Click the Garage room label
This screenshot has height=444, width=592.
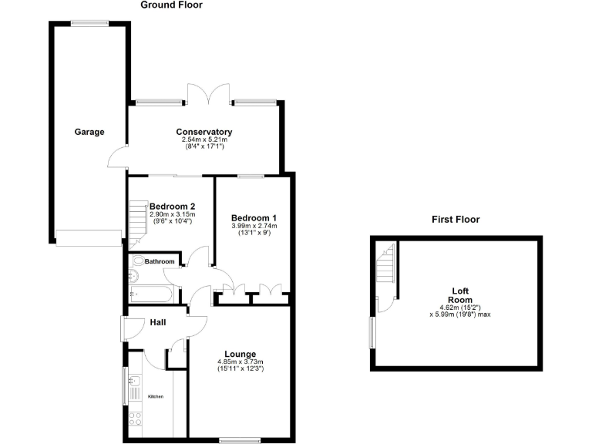coord(89,132)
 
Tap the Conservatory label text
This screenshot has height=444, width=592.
coord(203,132)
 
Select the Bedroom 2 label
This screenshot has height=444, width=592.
coord(172,206)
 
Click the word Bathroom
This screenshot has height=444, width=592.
coord(160,262)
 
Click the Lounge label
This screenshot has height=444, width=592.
coord(240,354)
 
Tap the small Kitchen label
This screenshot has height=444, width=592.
coord(156,396)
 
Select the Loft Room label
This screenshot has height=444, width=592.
coord(460,295)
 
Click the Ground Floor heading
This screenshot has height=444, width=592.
coord(171,5)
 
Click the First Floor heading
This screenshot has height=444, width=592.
coord(455,220)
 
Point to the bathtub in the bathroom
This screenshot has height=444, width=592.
coord(153,293)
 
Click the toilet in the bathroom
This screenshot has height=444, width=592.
coord(139,261)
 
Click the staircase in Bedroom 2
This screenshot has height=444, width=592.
coord(139,220)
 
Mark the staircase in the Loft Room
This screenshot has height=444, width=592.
coord(385,271)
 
